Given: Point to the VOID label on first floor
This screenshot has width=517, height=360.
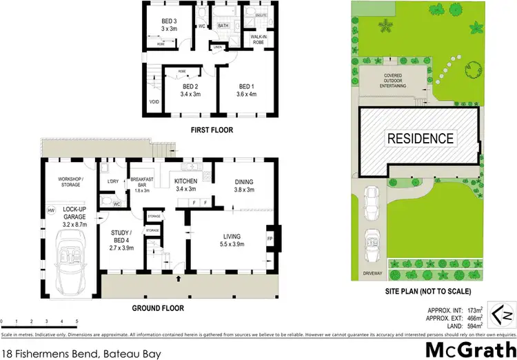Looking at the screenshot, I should [154, 101].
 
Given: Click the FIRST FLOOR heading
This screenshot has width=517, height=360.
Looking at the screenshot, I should [212, 130].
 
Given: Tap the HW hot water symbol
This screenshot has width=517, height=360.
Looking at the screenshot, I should [50, 210].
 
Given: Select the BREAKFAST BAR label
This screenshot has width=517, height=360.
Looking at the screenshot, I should [143, 179].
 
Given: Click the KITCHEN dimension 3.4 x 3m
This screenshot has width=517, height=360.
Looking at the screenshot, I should [187, 189].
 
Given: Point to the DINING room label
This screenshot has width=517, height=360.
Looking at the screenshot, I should [245, 181].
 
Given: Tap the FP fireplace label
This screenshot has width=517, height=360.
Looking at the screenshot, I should [270, 240].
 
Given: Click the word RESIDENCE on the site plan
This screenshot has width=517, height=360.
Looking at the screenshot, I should [420, 138].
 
